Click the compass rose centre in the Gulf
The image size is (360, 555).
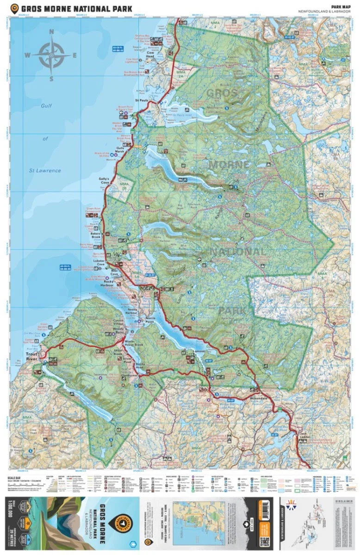coord(51,55)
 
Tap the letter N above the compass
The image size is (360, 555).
coord(51,32)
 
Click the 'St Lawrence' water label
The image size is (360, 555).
coord(45,171)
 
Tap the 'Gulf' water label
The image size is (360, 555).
coord(46,106)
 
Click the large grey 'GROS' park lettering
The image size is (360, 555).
coord(222,93)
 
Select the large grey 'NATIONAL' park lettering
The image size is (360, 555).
coord(238,253)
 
